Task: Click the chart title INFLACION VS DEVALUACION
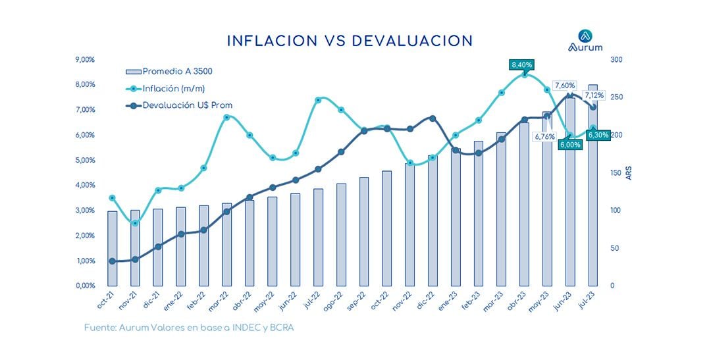pos(350,41)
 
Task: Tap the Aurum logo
pos(585,41)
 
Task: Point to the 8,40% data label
pos(521,64)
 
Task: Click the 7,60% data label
pos(565,86)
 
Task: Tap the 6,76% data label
pos(545,136)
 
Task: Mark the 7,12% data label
pos(592,95)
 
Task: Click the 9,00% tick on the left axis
pos(86,60)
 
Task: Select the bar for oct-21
pos(112,248)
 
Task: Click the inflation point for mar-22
pos(226,117)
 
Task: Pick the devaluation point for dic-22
pos(432,118)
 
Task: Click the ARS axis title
pos(629,173)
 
